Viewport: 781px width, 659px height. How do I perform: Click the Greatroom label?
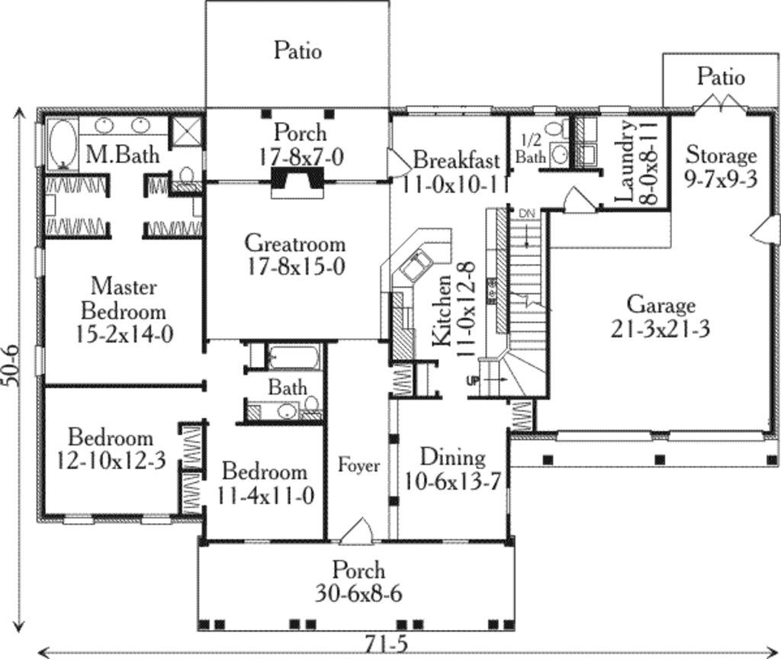click(x=295, y=243)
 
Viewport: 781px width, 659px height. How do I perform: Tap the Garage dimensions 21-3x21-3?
click(x=660, y=329)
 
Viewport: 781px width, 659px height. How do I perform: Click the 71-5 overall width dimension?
click(x=386, y=645)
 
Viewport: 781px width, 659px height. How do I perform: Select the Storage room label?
click(x=721, y=156)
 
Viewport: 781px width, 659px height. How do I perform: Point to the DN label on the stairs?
click(x=527, y=214)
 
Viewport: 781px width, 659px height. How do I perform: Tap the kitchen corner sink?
click(x=416, y=265)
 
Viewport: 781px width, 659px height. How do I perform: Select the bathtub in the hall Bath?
click(x=294, y=357)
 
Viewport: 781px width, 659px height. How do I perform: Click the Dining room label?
click(x=453, y=457)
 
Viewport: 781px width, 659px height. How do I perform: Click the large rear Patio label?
click(x=297, y=51)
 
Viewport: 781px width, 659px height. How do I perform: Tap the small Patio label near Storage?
click(x=721, y=76)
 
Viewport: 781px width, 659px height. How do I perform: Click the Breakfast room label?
click(x=456, y=160)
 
